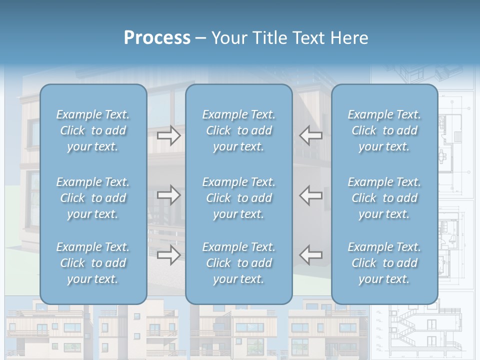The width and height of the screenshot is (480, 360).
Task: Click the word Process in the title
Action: click(157, 38)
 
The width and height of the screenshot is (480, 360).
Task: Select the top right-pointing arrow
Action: click(168, 135)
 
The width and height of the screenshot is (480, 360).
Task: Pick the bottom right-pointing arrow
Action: click(168, 255)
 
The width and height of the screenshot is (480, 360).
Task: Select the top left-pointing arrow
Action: click(310, 135)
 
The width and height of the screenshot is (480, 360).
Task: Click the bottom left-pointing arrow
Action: click(310, 255)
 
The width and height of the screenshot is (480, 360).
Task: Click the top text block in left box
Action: click(93, 130)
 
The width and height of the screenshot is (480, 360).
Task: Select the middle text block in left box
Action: click(93, 198)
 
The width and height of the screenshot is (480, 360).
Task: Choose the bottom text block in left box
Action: click(93, 263)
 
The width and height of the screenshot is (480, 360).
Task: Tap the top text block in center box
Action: click(238, 130)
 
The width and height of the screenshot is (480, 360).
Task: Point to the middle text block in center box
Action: click(238, 198)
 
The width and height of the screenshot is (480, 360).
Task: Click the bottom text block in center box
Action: click(238, 263)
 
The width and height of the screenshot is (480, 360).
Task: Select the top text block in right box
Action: click(384, 130)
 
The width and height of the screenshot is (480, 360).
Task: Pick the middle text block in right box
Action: click(384, 198)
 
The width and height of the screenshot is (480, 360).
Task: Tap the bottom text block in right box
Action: click(384, 263)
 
